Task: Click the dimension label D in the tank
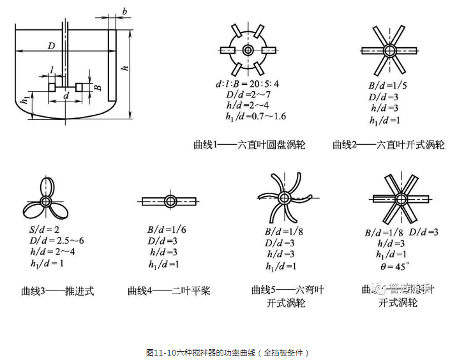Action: pyautogui.click(x=48, y=45)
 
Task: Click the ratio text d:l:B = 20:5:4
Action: pyautogui.click(x=247, y=83)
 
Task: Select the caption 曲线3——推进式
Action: pyautogui.click(x=56, y=290)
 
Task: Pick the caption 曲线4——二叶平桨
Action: pyautogui.click(x=169, y=290)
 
